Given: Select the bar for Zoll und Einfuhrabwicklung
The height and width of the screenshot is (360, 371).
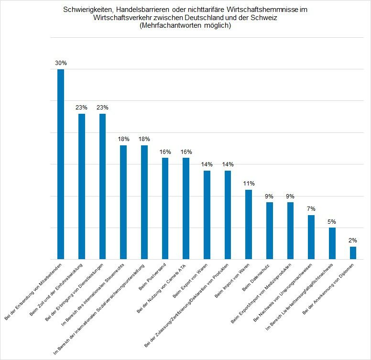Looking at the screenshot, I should [x=82, y=186].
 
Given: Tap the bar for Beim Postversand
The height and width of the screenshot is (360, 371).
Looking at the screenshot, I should [x=165, y=208].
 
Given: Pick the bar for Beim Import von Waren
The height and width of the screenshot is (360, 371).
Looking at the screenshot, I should [x=249, y=224].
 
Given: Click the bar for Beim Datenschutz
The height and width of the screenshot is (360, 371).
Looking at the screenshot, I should [x=270, y=230].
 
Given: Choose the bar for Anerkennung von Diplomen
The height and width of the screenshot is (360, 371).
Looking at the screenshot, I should [x=353, y=253].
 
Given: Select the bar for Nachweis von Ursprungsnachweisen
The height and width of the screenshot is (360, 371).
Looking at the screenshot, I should [x=311, y=237].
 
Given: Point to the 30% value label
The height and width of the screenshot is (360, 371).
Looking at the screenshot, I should [x=61, y=63].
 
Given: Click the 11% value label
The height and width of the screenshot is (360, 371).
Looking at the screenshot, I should [x=249, y=183].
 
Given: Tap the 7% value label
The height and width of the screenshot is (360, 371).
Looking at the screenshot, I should [x=311, y=209].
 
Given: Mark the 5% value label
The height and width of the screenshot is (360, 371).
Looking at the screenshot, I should [x=332, y=221].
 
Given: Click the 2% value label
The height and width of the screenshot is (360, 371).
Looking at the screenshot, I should [x=353, y=240].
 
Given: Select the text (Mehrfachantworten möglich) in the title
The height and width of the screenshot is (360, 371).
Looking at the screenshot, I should [x=185, y=26].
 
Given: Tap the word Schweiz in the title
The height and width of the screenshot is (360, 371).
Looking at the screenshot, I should [x=265, y=18].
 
